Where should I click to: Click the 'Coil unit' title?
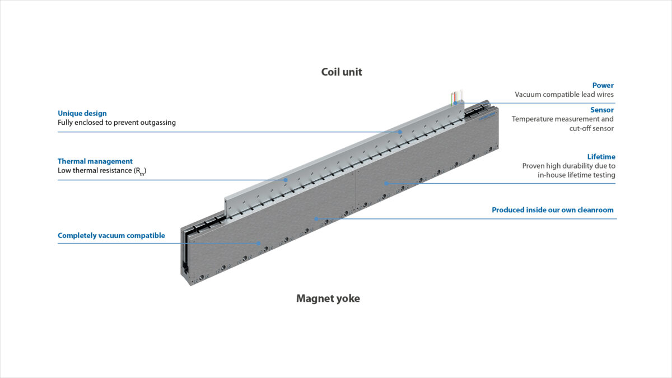point(342,72)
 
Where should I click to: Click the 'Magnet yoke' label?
point(328,298)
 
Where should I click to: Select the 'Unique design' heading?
point(82,113)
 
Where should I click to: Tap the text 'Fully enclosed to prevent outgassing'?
point(116,122)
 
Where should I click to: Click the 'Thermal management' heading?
point(95,161)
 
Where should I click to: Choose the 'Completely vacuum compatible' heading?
point(111,236)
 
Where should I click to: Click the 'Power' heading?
point(603,86)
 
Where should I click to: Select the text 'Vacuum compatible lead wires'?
point(564,95)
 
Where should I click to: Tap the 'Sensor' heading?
point(601,110)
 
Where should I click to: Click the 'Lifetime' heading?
point(601,157)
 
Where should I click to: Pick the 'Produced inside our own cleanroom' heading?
point(552,210)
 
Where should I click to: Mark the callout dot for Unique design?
point(400,132)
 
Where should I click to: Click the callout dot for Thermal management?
point(286,180)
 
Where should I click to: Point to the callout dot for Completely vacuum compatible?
point(259,243)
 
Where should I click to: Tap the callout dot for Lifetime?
point(386,183)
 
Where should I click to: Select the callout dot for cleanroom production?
point(316,219)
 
